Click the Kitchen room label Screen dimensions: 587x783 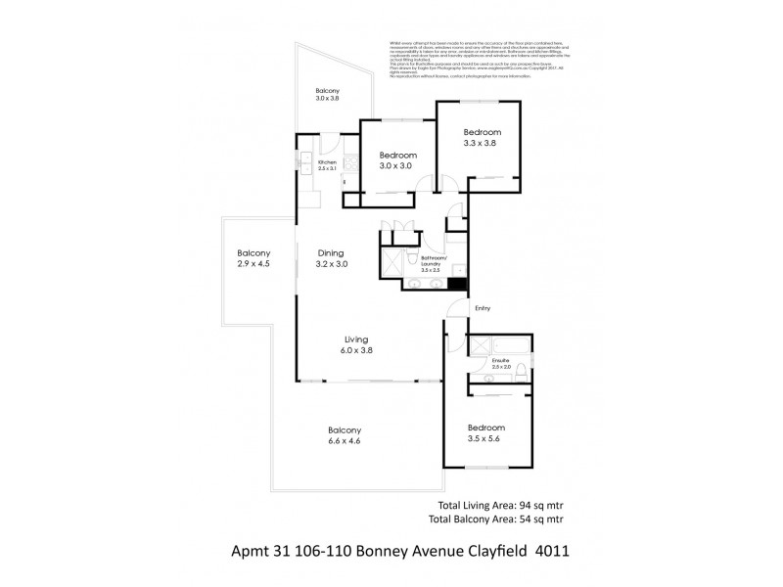click(327, 162)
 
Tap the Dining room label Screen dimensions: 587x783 click(332, 252)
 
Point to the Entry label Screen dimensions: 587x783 click(482, 308)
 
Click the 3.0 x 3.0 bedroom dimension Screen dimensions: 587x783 click(398, 166)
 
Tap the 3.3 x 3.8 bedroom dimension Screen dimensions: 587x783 click(482, 143)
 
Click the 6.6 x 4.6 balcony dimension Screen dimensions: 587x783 click(345, 442)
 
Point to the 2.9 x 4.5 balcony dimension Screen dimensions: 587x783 click(253, 264)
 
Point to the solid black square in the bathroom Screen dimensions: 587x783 click(457, 286)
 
